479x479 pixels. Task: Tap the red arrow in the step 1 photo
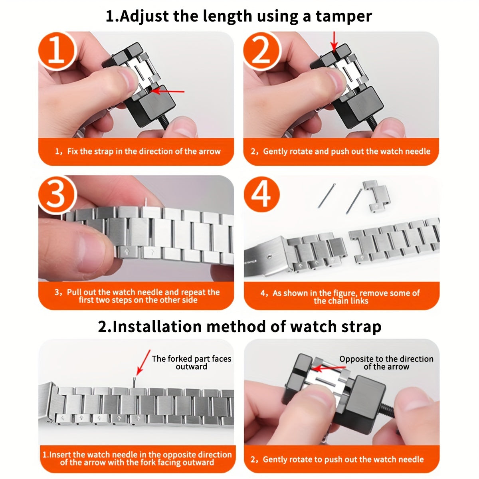168,91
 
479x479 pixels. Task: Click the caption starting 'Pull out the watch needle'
137,296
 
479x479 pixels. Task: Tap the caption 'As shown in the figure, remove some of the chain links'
340,297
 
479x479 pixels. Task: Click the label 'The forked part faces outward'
191,362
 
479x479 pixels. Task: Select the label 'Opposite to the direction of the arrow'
386,362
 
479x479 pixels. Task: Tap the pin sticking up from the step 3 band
146,203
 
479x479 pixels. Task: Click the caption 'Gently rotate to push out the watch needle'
338,459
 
